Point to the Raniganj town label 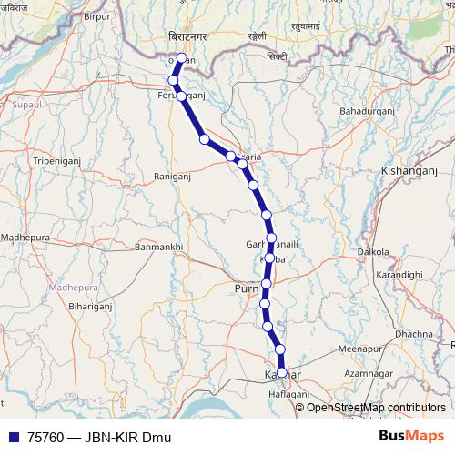(173, 176)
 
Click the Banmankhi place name (159, 247)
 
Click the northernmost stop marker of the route (182, 58)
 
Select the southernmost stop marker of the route (282, 372)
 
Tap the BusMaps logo (412, 437)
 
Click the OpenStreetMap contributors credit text (376, 407)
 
